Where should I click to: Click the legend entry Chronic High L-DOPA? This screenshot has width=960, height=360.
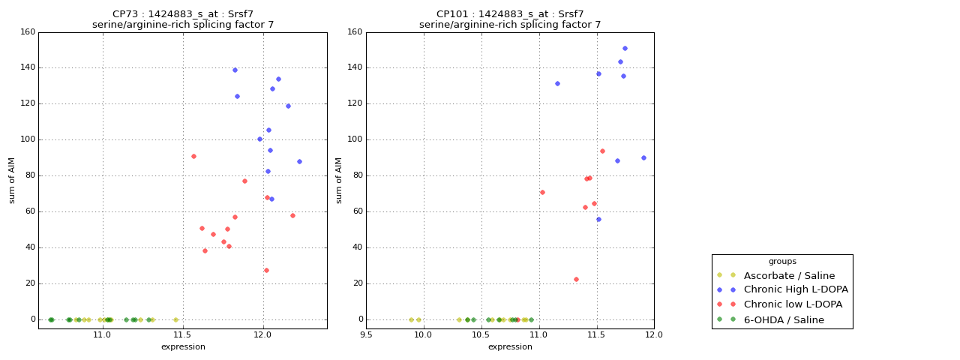[796, 289]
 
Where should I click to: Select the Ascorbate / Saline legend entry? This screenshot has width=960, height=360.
[789, 275]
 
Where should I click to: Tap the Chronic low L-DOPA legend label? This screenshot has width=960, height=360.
[793, 304]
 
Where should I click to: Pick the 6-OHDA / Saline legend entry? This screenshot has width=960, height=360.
[784, 320]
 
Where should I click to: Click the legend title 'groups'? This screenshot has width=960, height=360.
[782, 262]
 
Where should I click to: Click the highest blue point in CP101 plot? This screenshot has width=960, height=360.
[625, 48]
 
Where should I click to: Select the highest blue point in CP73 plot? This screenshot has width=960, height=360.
[235, 70]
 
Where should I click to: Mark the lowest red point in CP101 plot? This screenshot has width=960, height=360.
[576, 279]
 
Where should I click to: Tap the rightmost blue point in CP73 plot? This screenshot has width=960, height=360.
[299, 161]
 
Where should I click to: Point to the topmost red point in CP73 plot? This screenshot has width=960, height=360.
[193, 156]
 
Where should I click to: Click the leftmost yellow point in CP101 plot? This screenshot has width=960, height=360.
[411, 319]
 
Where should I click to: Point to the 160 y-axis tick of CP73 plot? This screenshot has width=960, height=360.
[27, 32]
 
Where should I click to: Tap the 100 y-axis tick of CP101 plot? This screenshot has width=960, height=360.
[354, 139]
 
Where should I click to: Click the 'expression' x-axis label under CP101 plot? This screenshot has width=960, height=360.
[510, 346]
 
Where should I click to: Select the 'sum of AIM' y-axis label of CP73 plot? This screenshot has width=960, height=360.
[12, 180]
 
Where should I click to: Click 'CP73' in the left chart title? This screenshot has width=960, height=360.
[125, 14]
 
